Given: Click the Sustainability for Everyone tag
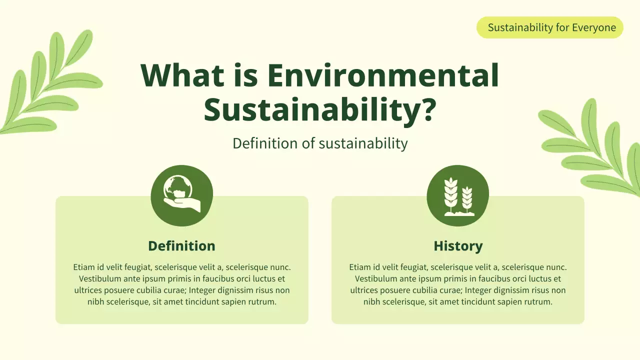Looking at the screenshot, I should point(550,27).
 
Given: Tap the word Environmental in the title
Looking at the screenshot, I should point(383,75).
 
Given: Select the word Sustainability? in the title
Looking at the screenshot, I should point(318,110).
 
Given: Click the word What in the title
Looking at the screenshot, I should point(182,75).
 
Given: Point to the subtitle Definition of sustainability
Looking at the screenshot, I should point(320,143).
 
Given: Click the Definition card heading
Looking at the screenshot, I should point(181,246).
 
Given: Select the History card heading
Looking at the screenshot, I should point(458,246).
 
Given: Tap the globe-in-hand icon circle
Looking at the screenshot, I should point(182,195).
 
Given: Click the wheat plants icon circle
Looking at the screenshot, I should point(458,195).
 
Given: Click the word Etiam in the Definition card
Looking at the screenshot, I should point(83,267).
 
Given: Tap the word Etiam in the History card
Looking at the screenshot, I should point(359,267).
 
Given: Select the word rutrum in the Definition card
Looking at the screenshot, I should point(261,302).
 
